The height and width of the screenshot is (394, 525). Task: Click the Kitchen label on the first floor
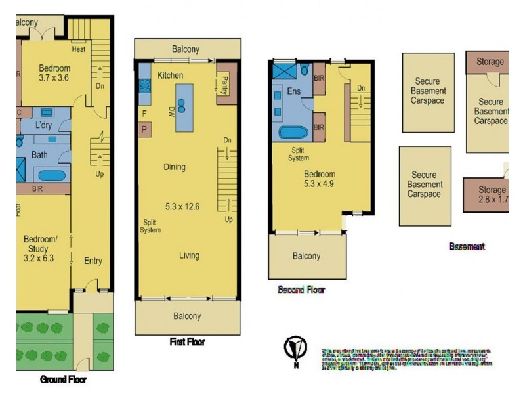[170, 76]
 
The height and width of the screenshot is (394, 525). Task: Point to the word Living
[190, 255]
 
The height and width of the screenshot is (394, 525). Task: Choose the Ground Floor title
[63, 380]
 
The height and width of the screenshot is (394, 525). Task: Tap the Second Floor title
[301, 289]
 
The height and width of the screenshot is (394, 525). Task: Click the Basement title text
[467, 247]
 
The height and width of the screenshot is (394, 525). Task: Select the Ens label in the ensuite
[293, 91]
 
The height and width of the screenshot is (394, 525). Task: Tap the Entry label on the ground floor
[93, 261]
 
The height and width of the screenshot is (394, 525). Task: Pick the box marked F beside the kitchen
[144, 113]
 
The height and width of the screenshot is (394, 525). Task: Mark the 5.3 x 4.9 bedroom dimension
[319, 185]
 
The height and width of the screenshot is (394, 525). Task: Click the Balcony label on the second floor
[306, 256]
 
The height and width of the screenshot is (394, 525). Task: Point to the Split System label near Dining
[150, 226]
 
